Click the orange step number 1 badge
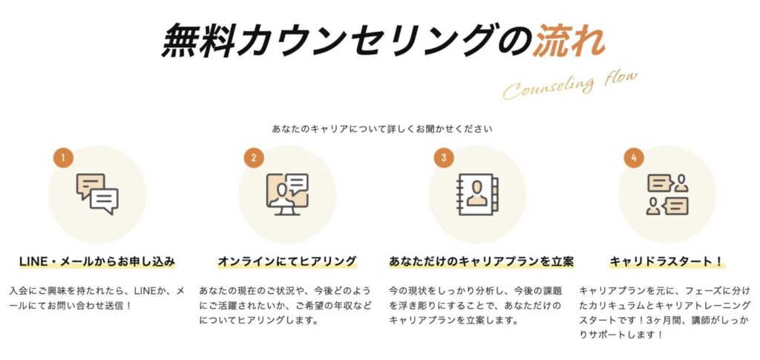pos(64,158)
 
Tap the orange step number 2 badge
pos(254,158)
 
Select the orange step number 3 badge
pos(444,158)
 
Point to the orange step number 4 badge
pos(634,158)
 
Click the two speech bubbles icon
pos(97,194)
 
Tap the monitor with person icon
pos(287,194)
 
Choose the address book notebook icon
pos(477,194)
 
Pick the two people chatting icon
pos(667,194)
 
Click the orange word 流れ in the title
pos(569,42)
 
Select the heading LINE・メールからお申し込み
pos(97,261)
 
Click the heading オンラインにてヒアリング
pos(287,261)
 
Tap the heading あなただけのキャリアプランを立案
pos(481,261)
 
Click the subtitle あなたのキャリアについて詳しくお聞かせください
pos(382,129)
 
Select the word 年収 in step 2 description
pos(347,306)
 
